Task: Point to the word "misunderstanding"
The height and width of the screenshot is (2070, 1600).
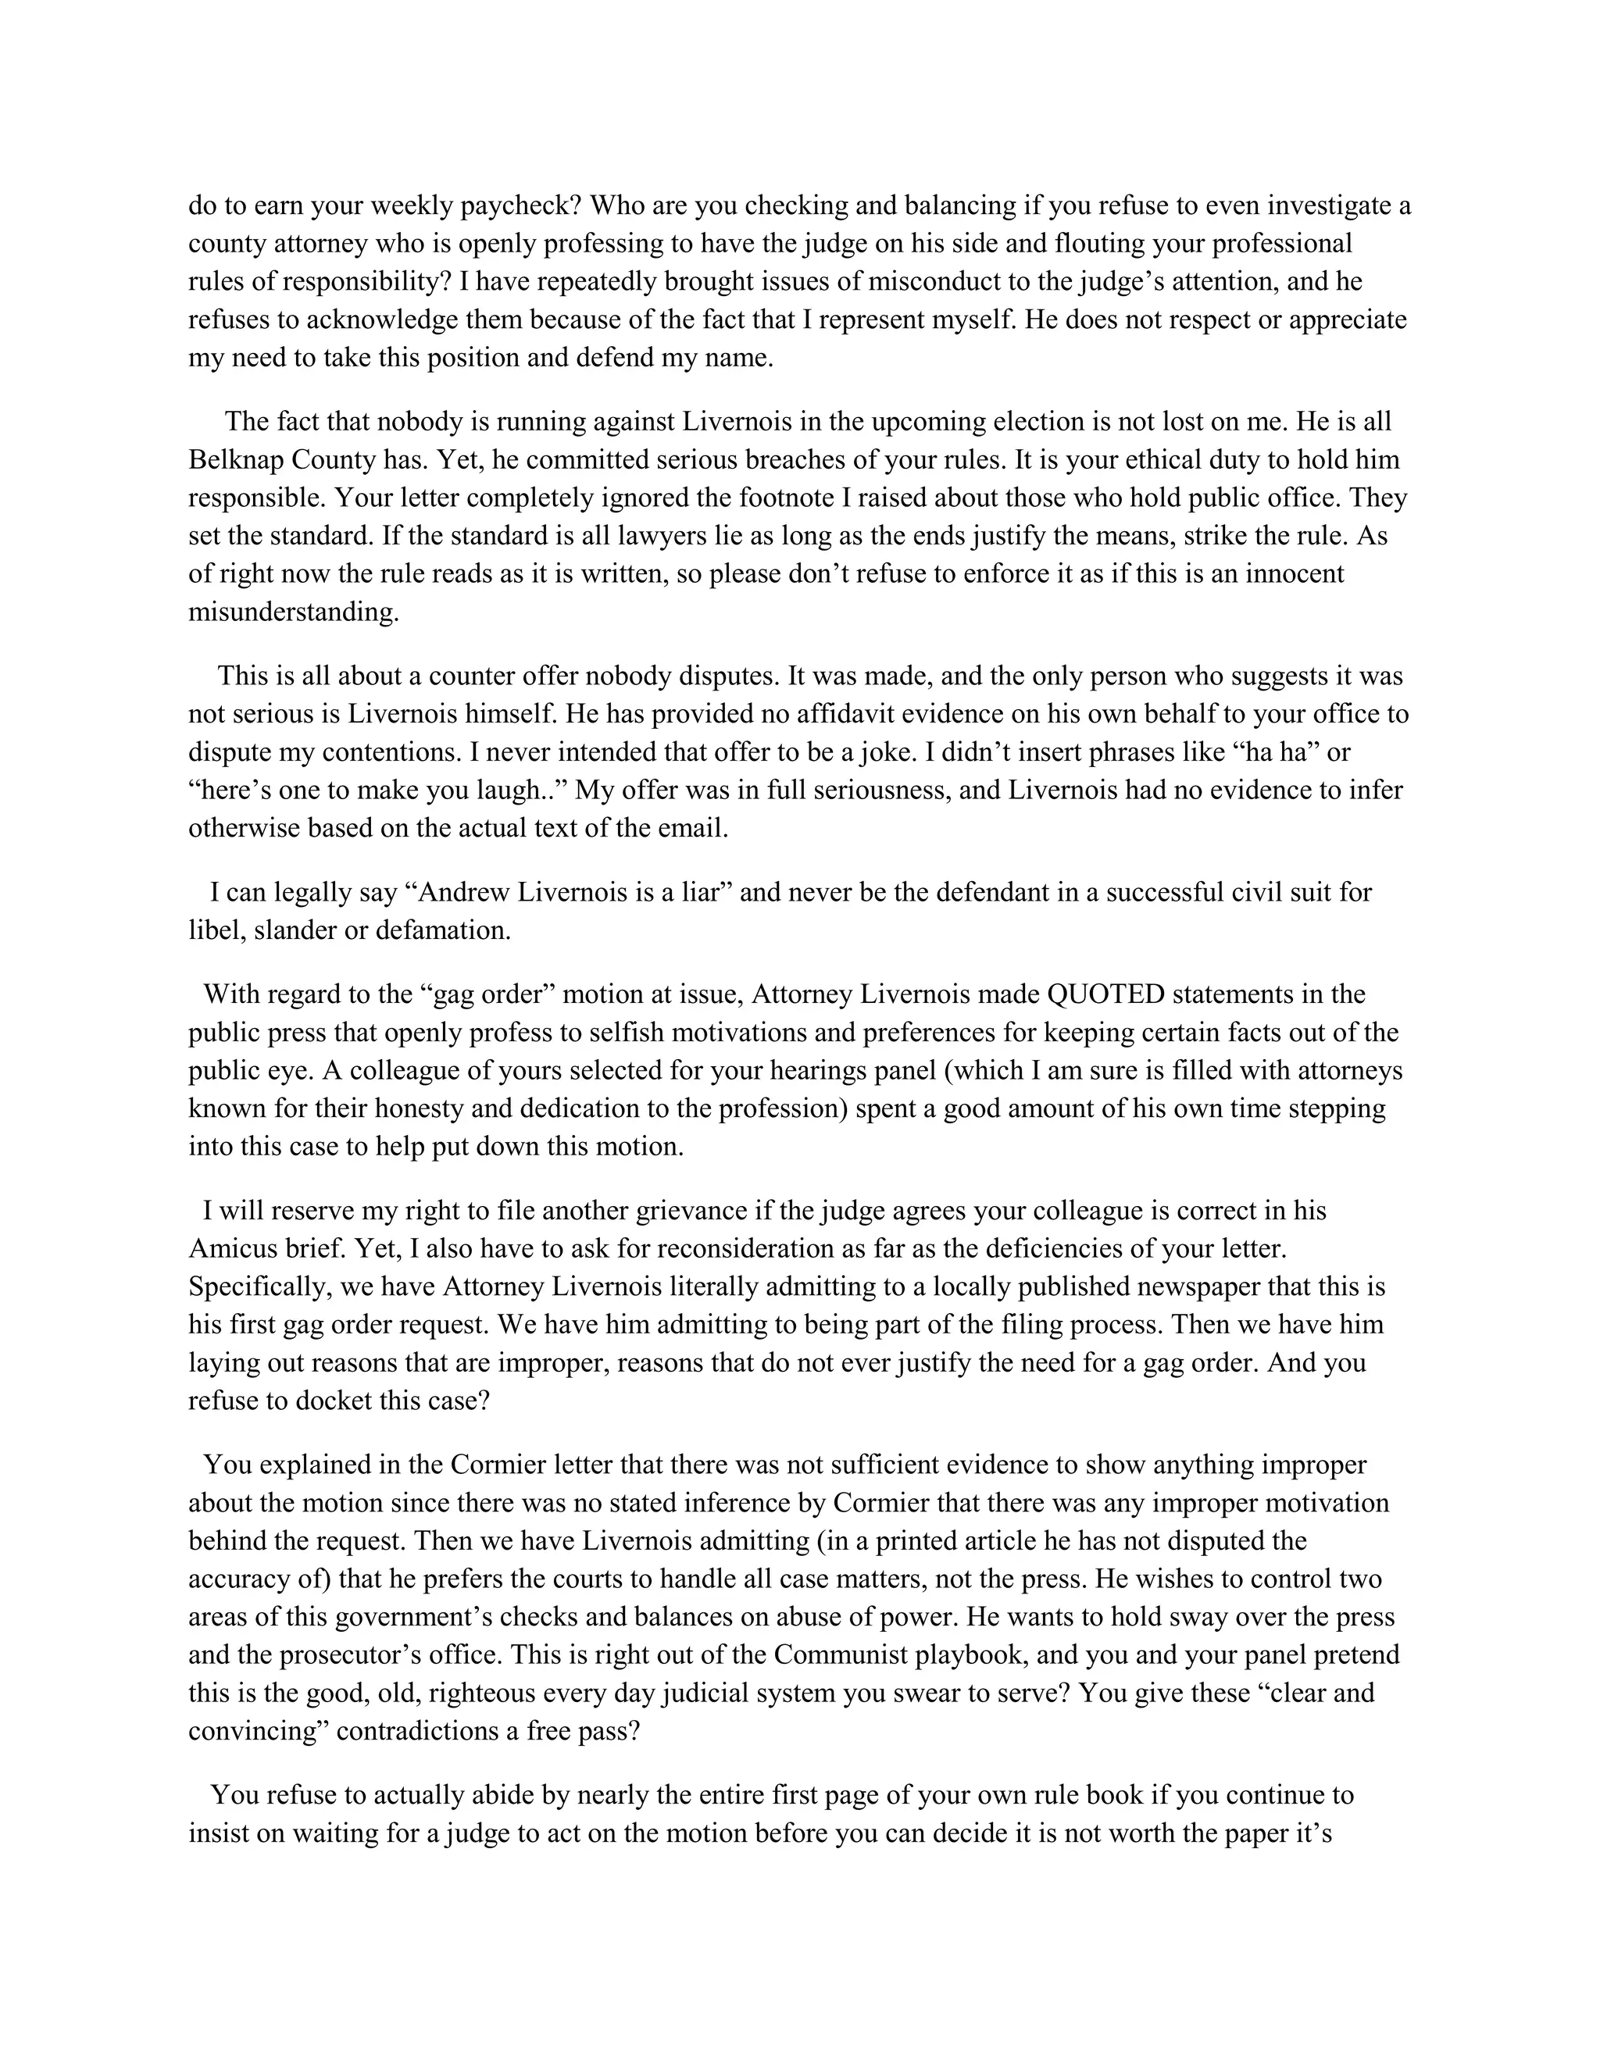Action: [293, 612]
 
